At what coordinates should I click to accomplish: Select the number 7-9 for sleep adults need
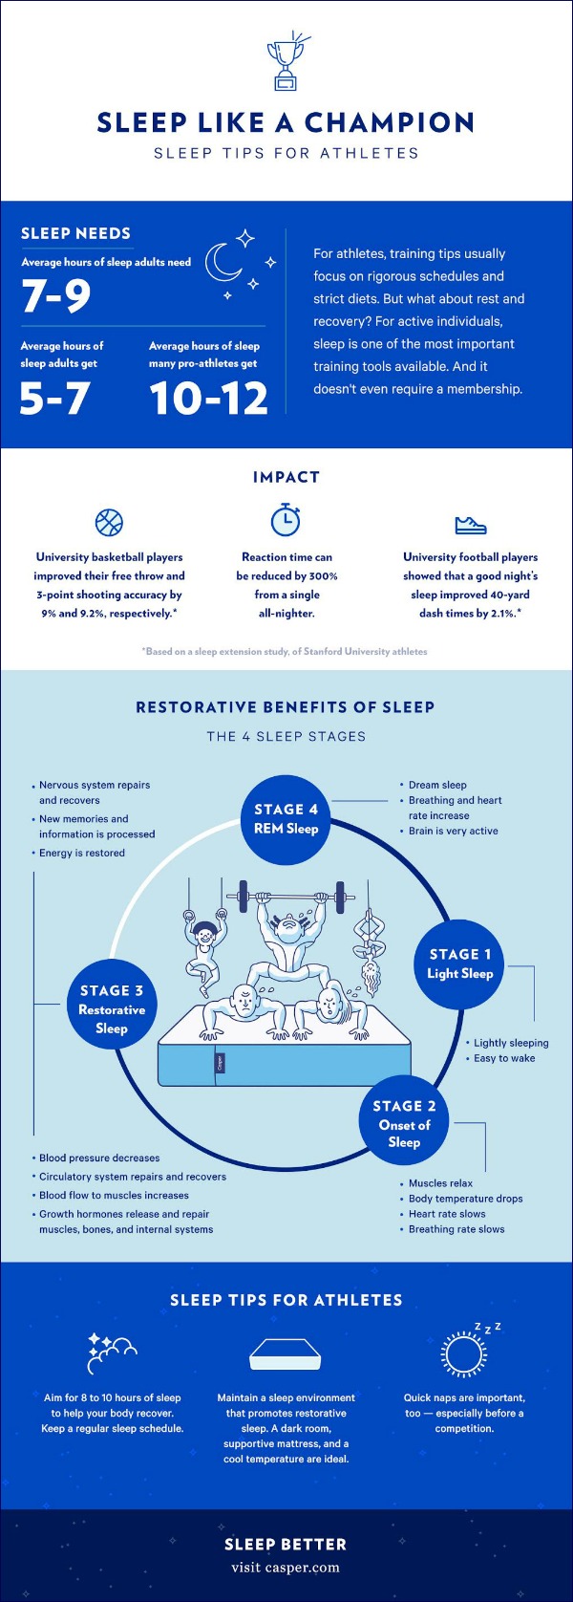(x=56, y=294)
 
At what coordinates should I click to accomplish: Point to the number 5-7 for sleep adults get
(x=55, y=399)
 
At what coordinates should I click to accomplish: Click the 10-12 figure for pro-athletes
(x=208, y=399)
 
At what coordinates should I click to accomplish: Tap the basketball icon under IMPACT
(x=109, y=523)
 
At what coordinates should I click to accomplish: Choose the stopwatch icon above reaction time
(x=286, y=519)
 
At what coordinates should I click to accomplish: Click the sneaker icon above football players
(x=471, y=525)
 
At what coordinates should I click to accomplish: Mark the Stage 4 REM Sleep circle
(x=286, y=819)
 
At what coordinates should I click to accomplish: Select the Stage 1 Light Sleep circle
(x=460, y=963)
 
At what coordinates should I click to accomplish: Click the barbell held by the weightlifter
(x=290, y=897)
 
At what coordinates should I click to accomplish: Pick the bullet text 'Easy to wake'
(x=504, y=1058)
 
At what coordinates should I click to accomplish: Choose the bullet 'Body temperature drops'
(x=466, y=1198)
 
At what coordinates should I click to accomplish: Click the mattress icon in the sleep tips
(x=286, y=1352)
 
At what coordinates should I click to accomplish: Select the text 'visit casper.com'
(x=286, y=1568)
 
